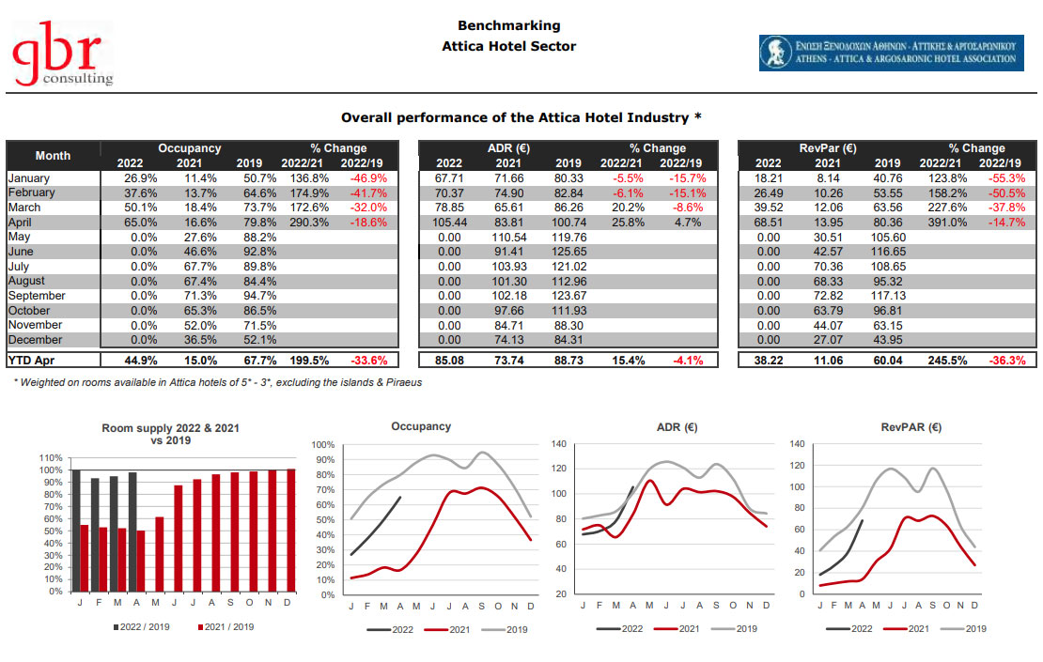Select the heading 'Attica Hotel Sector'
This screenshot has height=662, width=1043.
click(508, 46)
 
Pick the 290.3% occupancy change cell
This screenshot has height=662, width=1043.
click(309, 222)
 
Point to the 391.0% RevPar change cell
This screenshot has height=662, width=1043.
click(949, 222)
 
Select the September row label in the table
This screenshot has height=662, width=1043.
click(37, 296)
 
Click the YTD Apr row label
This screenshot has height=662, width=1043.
click(35, 359)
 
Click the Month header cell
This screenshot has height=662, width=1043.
click(53, 155)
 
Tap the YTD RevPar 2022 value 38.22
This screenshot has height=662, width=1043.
click(769, 359)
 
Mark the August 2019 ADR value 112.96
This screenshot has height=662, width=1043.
click(568, 281)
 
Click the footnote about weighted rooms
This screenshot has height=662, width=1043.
click(217, 382)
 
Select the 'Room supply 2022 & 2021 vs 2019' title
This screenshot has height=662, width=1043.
click(170, 434)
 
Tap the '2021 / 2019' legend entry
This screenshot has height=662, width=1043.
click(226, 626)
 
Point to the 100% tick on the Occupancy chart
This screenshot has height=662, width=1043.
click(322, 444)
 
